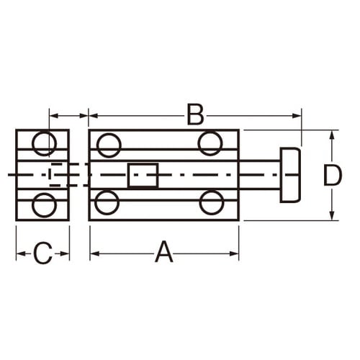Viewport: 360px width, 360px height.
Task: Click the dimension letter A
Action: tap(164, 253)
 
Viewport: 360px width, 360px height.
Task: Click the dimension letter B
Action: tap(195, 114)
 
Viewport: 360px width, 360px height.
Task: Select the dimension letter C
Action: tap(43, 253)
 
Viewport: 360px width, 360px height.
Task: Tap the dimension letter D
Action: tap(332, 175)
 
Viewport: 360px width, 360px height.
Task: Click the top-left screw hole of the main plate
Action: tap(109, 145)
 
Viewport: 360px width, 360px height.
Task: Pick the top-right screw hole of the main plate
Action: tap(210, 144)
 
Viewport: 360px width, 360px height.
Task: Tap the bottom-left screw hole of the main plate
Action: tap(107, 202)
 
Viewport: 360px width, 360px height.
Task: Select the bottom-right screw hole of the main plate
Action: tap(212, 202)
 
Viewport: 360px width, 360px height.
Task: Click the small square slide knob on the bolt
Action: tap(143, 175)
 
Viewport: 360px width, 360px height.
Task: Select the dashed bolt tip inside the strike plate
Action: tap(60, 175)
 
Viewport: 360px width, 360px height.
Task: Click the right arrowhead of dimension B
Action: tap(297, 114)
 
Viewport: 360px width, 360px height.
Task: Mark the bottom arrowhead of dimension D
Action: tap(332, 216)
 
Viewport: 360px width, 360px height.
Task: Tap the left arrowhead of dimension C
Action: tap(20, 253)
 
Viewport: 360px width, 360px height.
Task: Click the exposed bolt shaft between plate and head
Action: tap(259, 175)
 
